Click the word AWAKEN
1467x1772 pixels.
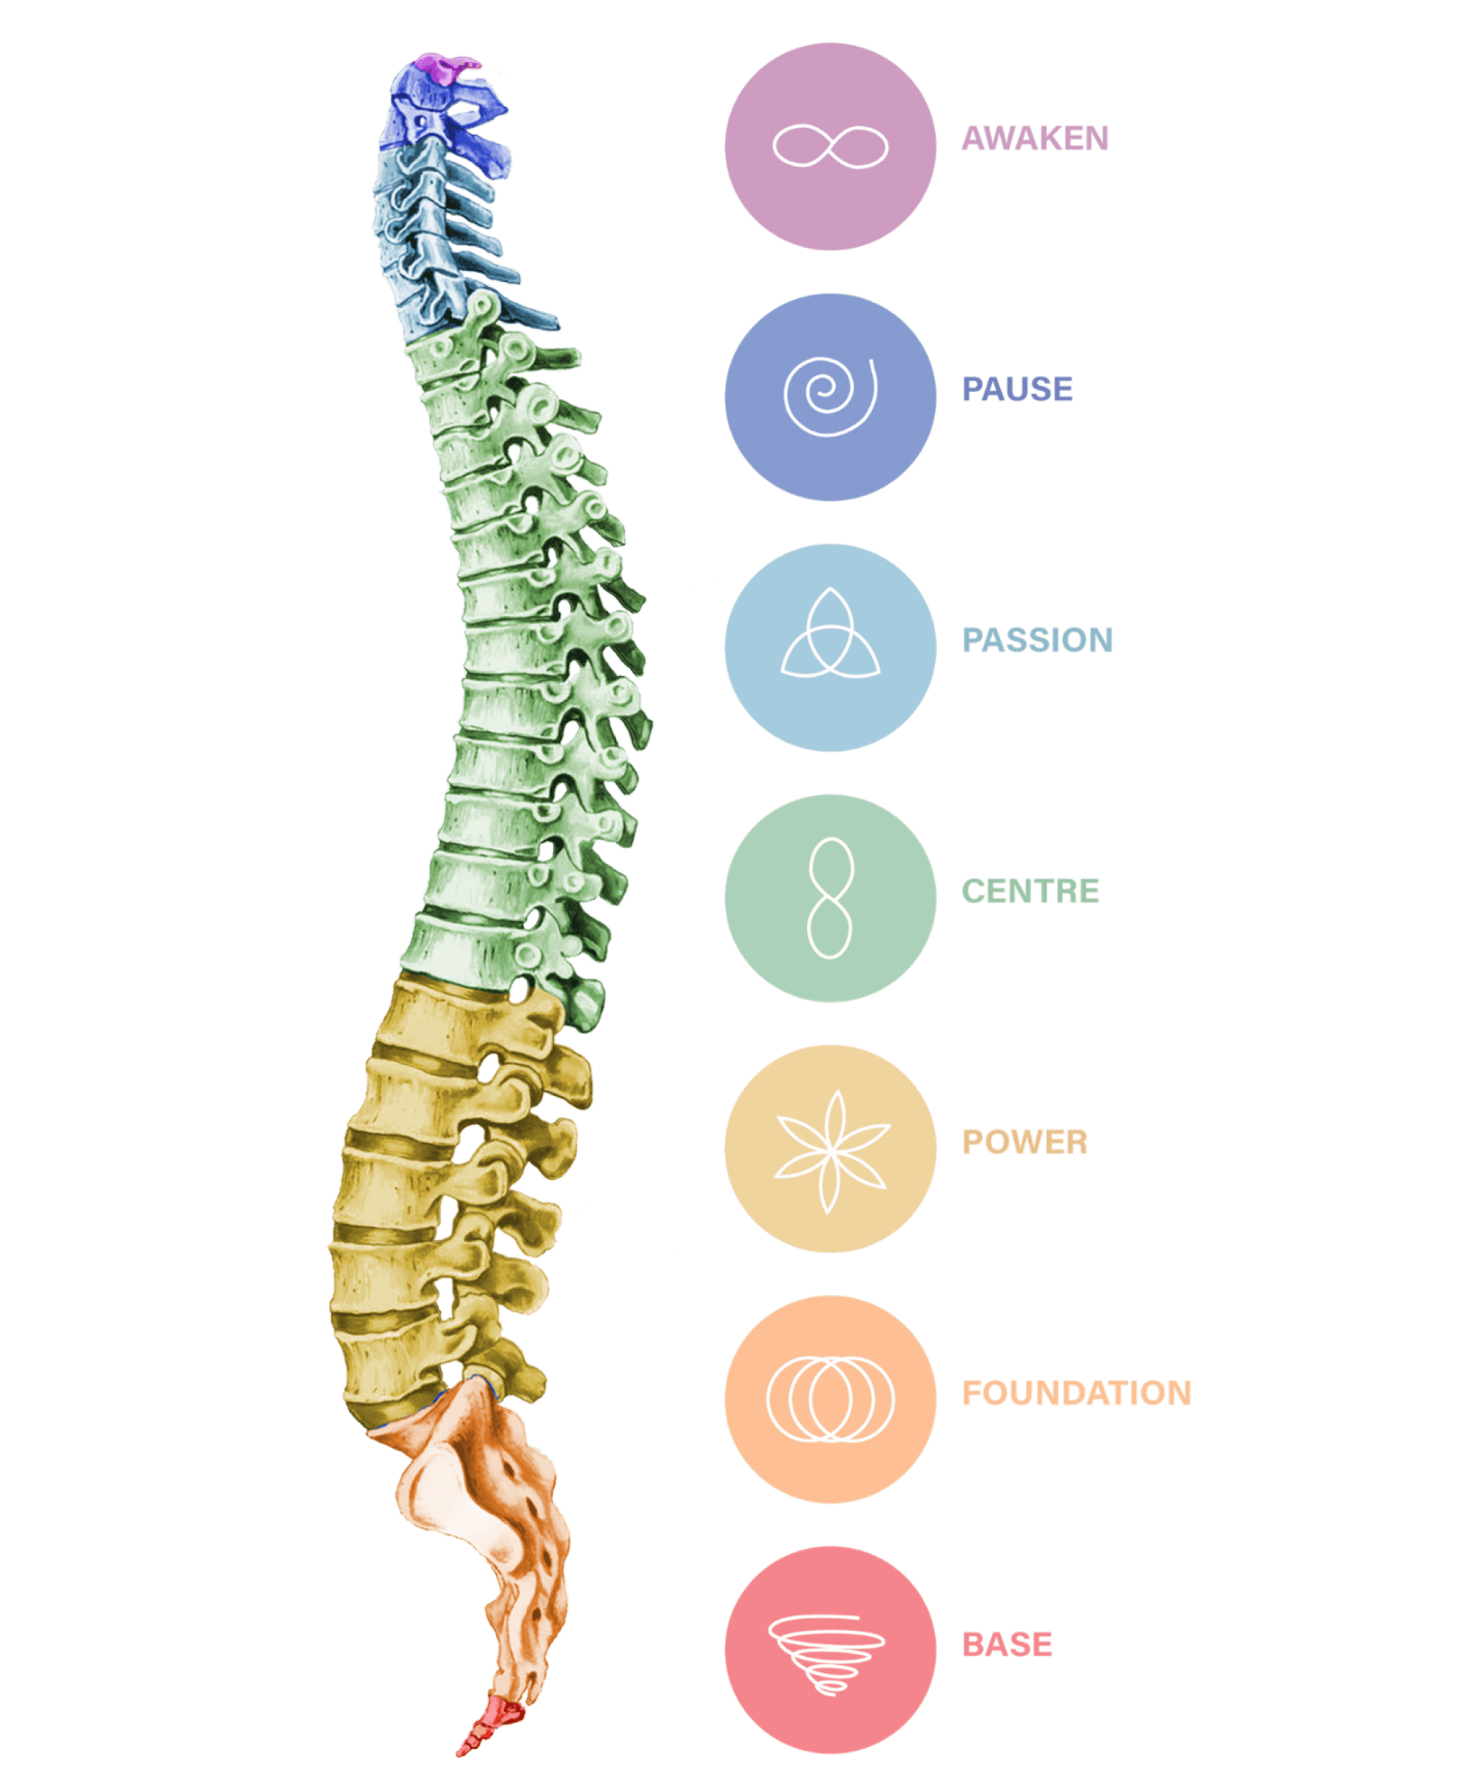click(1035, 138)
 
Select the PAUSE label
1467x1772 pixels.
click(1018, 389)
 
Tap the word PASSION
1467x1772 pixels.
click(1038, 640)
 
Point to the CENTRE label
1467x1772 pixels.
click(1030, 891)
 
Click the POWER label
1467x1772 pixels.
click(1025, 1142)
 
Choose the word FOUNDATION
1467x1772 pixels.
click(1077, 1393)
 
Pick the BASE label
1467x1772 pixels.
click(1008, 1644)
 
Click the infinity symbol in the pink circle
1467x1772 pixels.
click(831, 146)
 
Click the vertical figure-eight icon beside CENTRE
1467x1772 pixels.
click(831, 898)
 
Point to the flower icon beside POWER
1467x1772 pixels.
click(831, 1151)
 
